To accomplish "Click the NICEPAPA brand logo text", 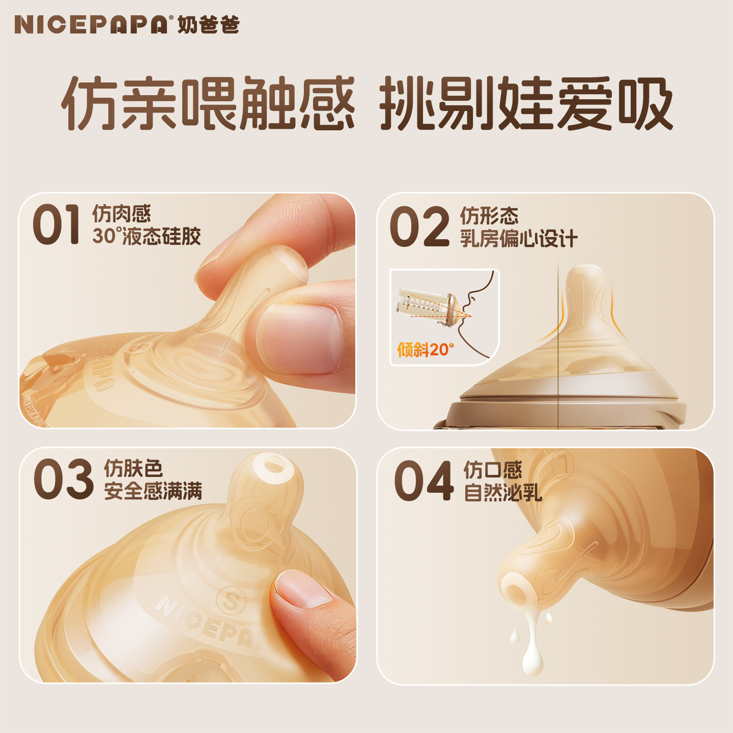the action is point(91,25).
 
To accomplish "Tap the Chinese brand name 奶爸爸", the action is point(209,25).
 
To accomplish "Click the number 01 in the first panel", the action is point(57,224).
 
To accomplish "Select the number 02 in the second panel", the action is point(419,227).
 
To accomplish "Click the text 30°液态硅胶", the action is point(147,237).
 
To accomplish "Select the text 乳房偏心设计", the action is point(519,239).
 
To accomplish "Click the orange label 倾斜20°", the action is point(425,350).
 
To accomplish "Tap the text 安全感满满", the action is point(153,491).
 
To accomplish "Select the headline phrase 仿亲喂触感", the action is point(208,103).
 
